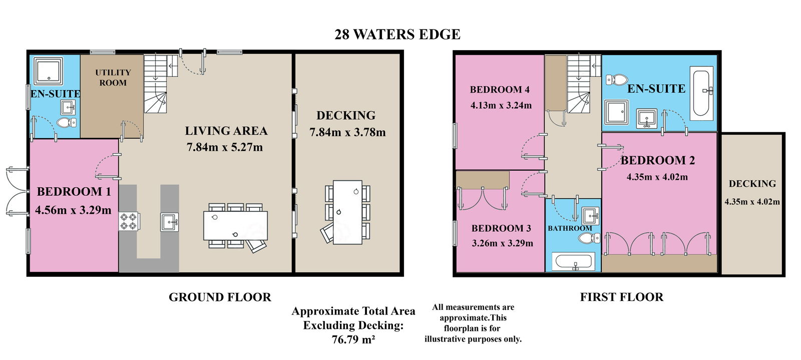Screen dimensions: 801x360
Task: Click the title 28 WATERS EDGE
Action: [x=397, y=35]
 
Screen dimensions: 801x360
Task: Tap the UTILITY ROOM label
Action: [x=113, y=78]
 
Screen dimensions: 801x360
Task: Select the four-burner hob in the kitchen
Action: [x=129, y=221]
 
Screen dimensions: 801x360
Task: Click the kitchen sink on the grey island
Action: [x=170, y=222]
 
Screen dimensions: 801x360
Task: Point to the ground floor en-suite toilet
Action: [x=67, y=123]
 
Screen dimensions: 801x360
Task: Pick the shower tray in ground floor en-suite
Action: [x=48, y=70]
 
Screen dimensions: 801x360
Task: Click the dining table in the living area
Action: [x=235, y=226]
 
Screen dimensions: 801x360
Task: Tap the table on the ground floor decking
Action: [x=347, y=212]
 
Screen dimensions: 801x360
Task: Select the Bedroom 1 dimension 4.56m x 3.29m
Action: [x=73, y=210]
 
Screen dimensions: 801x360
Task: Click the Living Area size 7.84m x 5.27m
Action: [x=225, y=147]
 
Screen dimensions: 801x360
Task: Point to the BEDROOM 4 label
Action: [x=500, y=90]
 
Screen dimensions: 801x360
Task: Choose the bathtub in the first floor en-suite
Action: [x=701, y=93]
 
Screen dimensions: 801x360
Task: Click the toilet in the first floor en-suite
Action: [x=617, y=79]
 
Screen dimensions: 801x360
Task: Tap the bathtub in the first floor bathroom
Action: [x=573, y=261]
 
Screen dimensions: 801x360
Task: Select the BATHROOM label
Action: [x=570, y=228]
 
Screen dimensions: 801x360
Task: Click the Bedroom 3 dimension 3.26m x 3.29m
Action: [x=503, y=243]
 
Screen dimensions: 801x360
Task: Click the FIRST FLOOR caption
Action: [x=621, y=297]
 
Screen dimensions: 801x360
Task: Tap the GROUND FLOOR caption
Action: [x=220, y=297]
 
